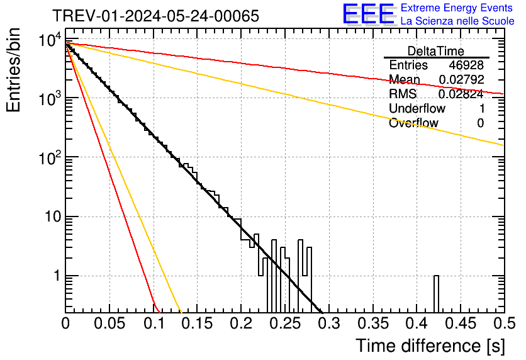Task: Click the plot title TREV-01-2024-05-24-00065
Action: point(155,16)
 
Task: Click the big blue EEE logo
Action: point(368,14)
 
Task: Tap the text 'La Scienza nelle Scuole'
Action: point(457,21)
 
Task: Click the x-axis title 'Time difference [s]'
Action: point(429,346)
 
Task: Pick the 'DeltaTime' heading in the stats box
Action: point(436,51)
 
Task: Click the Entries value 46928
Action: point(466,65)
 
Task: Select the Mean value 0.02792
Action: point(461,80)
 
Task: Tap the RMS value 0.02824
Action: point(461,94)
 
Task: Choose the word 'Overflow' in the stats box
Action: point(413,123)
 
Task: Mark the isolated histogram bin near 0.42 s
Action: point(436,293)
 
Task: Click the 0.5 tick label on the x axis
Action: point(504,323)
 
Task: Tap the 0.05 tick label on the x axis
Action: point(109,323)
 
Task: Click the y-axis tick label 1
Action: point(55,276)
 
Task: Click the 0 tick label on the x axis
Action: point(66,323)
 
